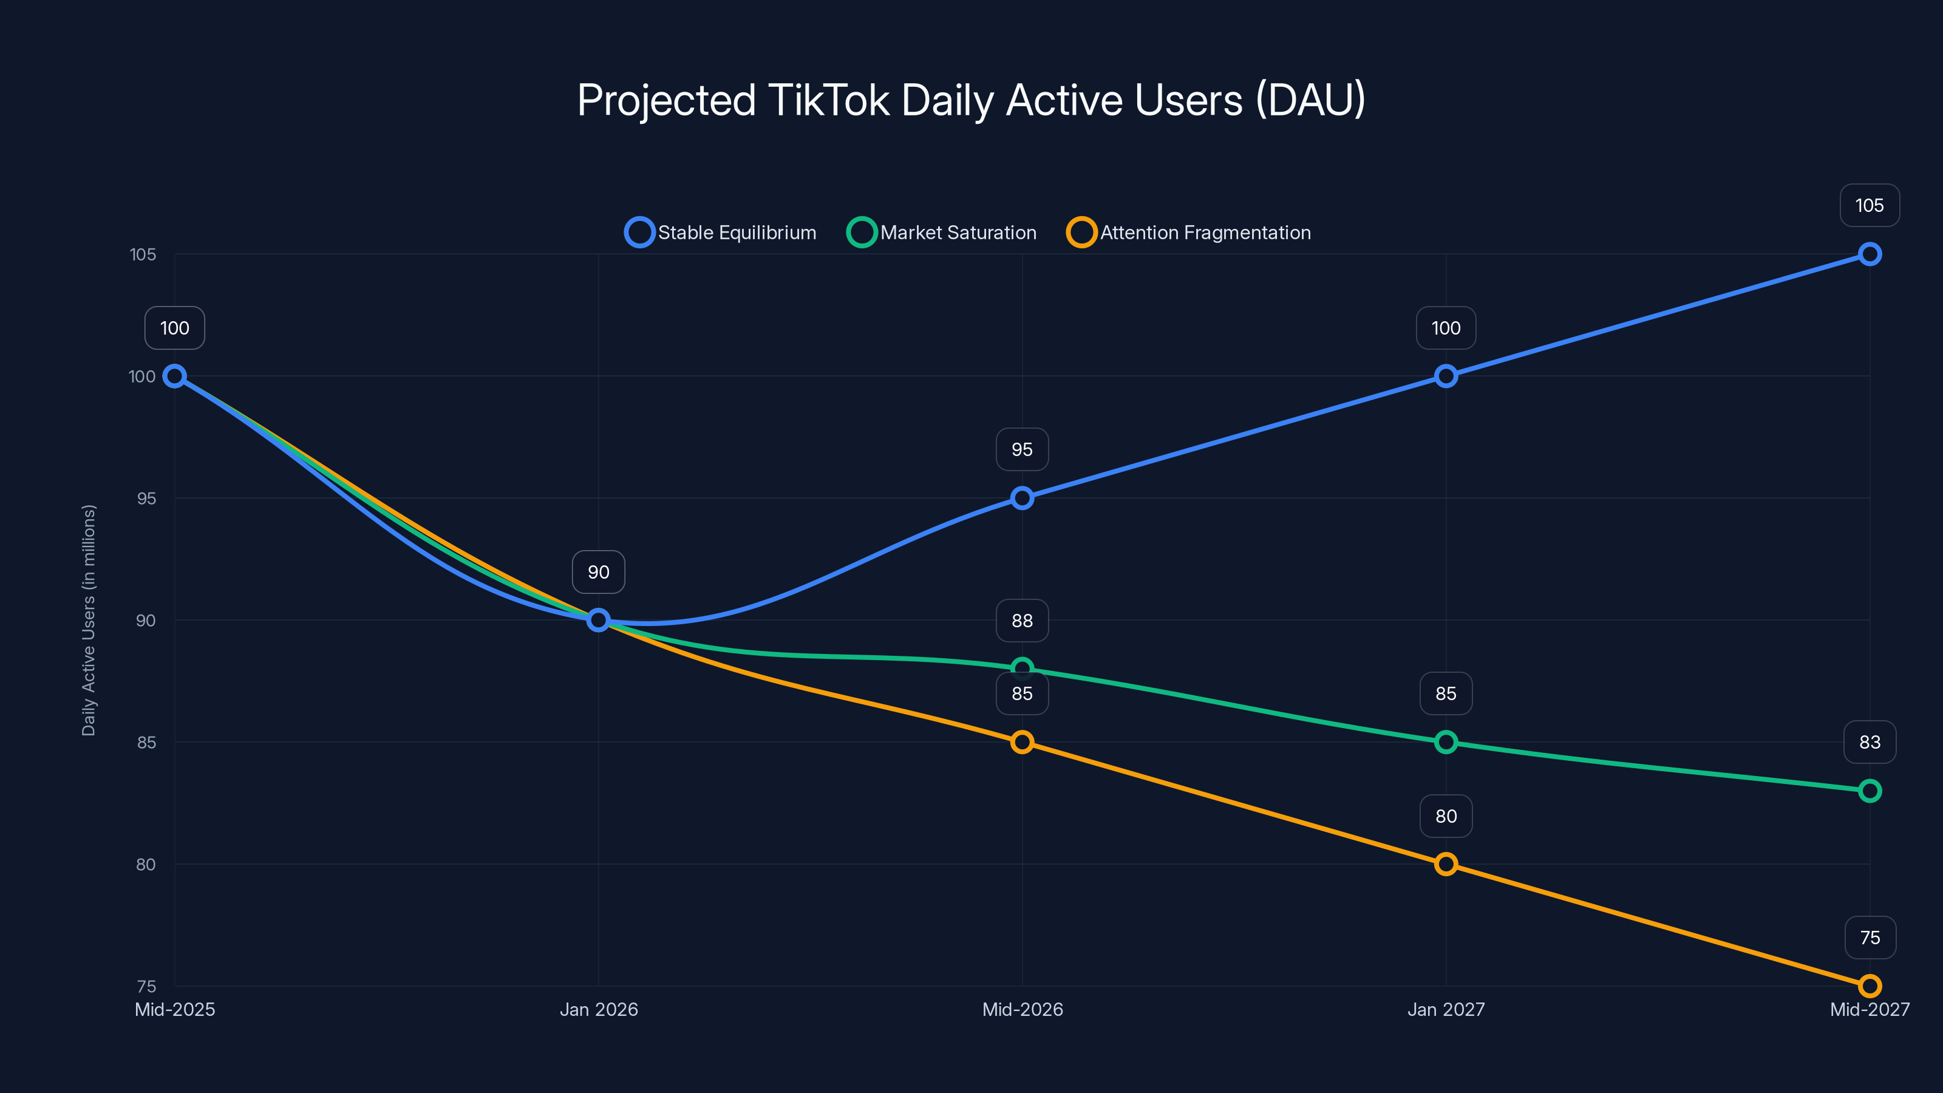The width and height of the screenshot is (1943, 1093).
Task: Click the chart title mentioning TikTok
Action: tap(971, 100)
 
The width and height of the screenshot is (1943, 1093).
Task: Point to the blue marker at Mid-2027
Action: tap(1869, 254)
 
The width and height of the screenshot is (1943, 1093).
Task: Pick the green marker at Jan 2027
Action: tap(1445, 742)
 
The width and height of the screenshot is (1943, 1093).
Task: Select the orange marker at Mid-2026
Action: tap(1022, 742)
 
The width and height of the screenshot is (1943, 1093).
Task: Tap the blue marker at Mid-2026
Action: tap(1022, 498)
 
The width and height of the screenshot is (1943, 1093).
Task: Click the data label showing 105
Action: tap(1869, 205)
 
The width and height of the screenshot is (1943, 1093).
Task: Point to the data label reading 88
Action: tap(1022, 620)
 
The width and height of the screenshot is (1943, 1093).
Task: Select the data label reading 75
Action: tap(1869, 937)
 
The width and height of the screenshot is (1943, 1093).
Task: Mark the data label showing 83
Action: tap(1869, 742)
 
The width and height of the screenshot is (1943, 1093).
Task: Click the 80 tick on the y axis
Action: tap(146, 865)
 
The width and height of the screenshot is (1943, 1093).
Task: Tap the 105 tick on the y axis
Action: tap(143, 254)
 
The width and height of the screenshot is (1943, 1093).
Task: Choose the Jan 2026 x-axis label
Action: tap(598, 1009)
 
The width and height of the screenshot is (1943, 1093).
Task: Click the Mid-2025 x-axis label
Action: tap(175, 1009)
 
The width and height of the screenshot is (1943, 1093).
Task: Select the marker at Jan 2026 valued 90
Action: tap(598, 620)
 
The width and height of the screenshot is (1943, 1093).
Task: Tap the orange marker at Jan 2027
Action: tap(1445, 865)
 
